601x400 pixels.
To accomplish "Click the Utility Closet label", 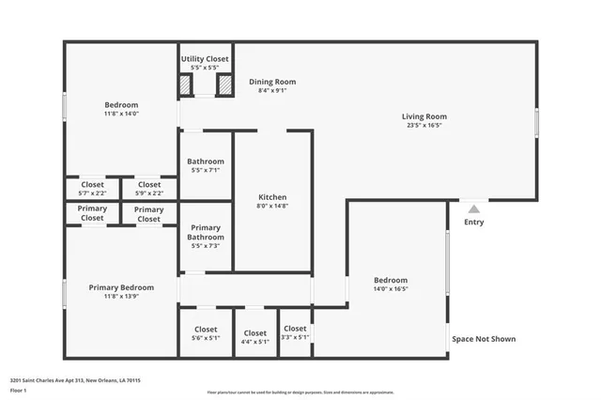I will pos(205,58).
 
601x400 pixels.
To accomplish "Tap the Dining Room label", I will pos(272,82).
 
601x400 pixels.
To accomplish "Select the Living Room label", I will pos(424,115).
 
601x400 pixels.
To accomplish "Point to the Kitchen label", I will pos(272,197).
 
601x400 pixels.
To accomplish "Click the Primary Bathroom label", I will pos(206,232).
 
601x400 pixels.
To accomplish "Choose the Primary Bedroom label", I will pos(121,287).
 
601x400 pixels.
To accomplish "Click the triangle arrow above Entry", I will pos(474,209).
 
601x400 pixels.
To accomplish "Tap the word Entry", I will pos(474,223).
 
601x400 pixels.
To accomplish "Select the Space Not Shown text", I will pos(484,339).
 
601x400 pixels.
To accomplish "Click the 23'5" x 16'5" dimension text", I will pos(424,125).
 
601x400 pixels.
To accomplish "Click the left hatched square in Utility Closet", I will pos(186,85).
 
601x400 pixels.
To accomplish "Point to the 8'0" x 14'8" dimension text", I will pos(272,207).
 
